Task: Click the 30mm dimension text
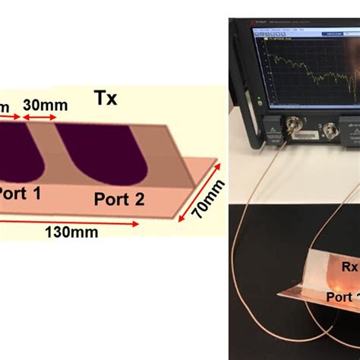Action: (x=38, y=103)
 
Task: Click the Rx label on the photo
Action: (x=349, y=267)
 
